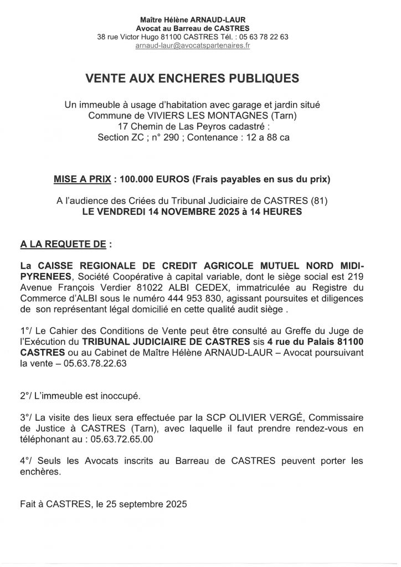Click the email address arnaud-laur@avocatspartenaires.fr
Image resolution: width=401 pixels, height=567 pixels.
[x=193, y=45]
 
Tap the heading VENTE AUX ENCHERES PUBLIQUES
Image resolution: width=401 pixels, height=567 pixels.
[x=192, y=79]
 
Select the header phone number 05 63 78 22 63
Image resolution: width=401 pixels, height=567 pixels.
[x=263, y=37]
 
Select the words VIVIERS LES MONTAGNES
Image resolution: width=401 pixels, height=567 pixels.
[x=180, y=116]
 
